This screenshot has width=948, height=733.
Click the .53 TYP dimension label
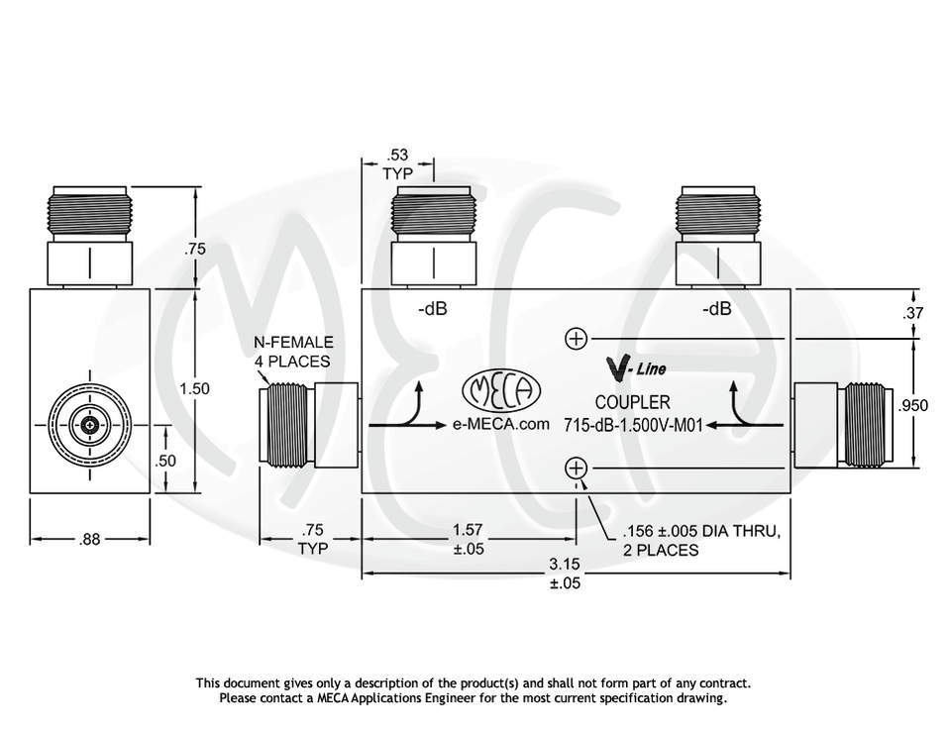(x=396, y=164)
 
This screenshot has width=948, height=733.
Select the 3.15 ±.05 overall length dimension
(x=565, y=574)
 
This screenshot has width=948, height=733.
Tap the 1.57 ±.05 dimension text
(x=468, y=539)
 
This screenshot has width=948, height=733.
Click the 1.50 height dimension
(x=194, y=389)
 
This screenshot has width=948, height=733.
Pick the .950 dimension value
(x=912, y=406)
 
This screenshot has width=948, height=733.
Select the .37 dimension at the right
(x=912, y=314)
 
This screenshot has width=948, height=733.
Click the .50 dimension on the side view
(x=165, y=461)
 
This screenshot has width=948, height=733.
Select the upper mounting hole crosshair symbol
(x=576, y=340)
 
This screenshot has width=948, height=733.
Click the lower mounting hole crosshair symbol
(x=576, y=469)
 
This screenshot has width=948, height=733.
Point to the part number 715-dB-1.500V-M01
(x=633, y=426)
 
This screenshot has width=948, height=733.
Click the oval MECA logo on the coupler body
(x=502, y=393)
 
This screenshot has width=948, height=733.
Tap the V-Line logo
(x=634, y=369)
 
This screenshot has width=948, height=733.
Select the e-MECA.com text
(x=500, y=425)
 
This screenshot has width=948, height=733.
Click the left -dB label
(x=432, y=309)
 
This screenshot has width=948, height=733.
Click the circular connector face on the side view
(x=91, y=425)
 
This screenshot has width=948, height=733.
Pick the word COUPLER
(x=632, y=402)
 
